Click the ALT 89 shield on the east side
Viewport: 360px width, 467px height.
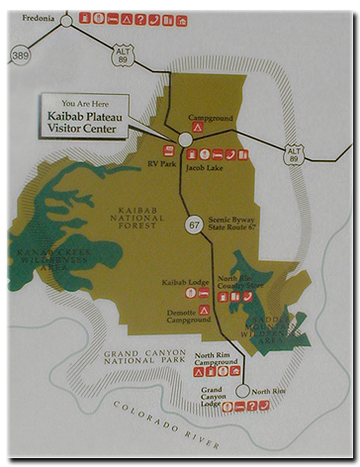[294, 154]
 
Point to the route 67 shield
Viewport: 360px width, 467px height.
[195, 226]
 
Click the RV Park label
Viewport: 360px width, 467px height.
[160, 164]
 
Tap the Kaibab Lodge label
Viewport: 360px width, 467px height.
[182, 282]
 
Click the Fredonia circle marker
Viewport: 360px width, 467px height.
[66, 18]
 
